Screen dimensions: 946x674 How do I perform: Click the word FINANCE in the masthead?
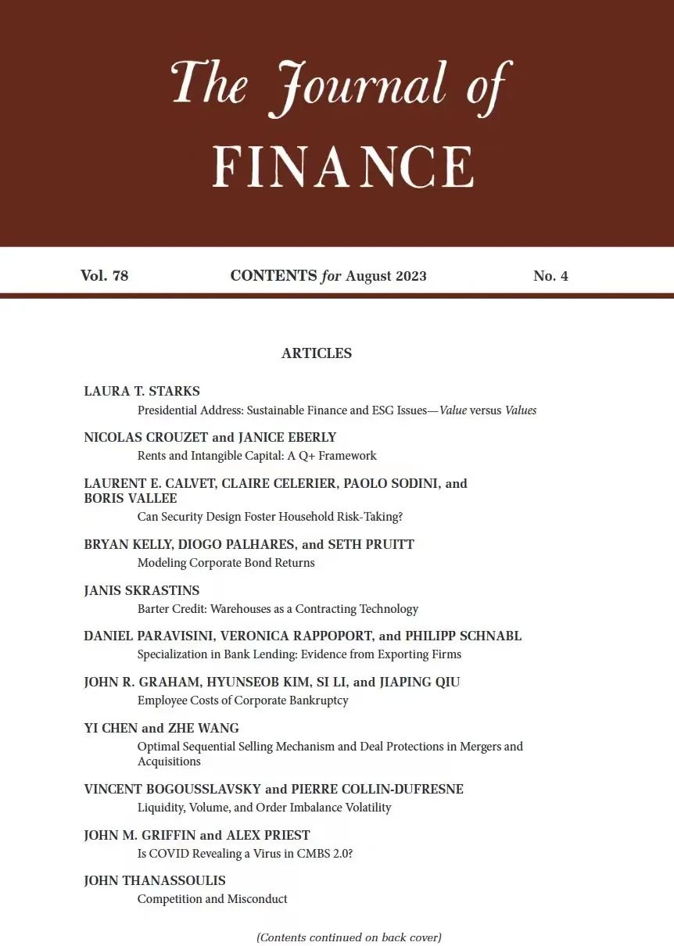click(342, 166)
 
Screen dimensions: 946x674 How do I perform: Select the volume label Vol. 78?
click(104, 276)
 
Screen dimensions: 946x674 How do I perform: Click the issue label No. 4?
click(550, 276)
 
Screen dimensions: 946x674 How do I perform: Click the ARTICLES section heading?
click(317, 353)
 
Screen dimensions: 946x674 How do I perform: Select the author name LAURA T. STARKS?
click(142, 391)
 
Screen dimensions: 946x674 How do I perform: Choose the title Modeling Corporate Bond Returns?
click(226, 563)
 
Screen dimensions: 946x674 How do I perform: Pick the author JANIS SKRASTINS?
click(142, 590)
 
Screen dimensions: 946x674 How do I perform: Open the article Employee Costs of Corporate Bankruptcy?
click(242, 701)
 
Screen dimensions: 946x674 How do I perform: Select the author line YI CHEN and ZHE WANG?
click(161, 728)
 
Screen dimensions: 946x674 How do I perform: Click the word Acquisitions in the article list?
click(169, 761)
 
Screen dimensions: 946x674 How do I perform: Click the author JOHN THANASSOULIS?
click(155, 881)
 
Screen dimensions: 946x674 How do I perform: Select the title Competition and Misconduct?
click(212, 899)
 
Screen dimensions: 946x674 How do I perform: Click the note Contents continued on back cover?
click(349, 937)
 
